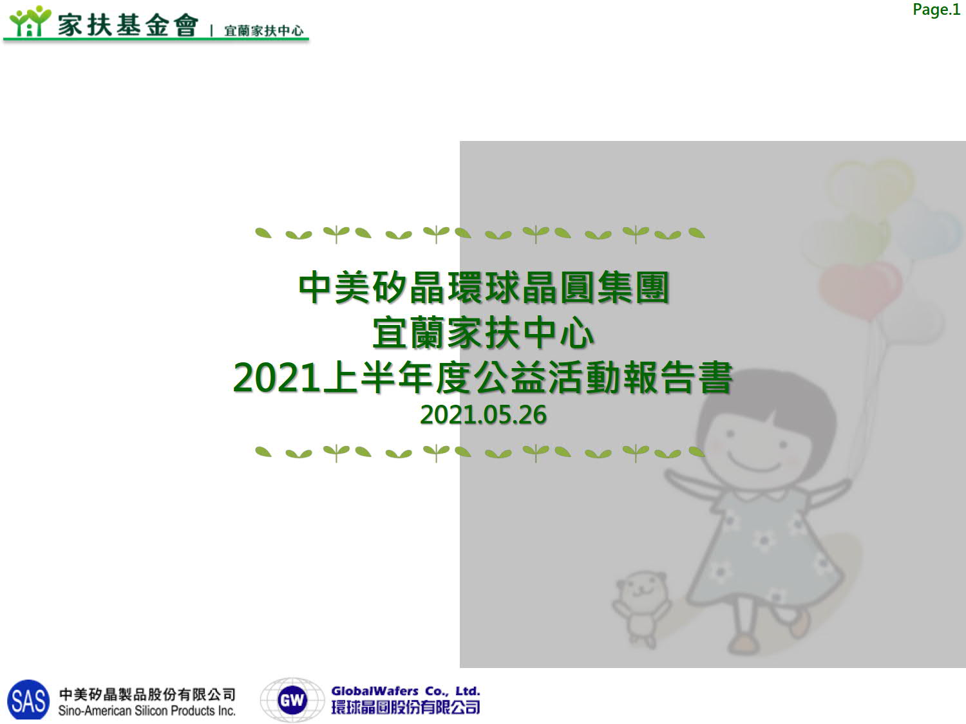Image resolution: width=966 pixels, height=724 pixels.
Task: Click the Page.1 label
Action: (x=936, y=10)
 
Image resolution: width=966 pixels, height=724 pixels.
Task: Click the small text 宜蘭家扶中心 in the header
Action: (x=263, y=30)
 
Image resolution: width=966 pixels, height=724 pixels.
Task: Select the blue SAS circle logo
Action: (x=28, y=700)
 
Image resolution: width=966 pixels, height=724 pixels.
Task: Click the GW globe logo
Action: (x=292, y=700)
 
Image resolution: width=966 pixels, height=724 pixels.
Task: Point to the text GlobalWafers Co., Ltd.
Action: (x=405, y=691)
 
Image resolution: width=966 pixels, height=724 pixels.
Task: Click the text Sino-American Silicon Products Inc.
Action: (x=147, y=710)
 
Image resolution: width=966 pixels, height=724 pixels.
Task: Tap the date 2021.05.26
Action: (x=483, y=414)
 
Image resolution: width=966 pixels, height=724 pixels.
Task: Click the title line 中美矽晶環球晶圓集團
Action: (x=484, y=288)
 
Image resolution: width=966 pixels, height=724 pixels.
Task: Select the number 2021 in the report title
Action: (x=276, y=377)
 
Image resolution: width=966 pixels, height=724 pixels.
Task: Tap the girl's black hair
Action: (x=766, y=404)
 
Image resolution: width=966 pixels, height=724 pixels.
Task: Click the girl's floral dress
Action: (x=766, y=550)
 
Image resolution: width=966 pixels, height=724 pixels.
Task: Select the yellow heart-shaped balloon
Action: (x=870, y=186)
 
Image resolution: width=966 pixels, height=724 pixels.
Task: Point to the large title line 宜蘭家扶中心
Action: (x=483, y=333)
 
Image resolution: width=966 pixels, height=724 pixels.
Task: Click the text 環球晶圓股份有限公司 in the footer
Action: (x=405, y=707)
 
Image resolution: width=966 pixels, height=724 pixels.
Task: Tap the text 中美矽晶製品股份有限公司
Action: (x=147, y=694)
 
